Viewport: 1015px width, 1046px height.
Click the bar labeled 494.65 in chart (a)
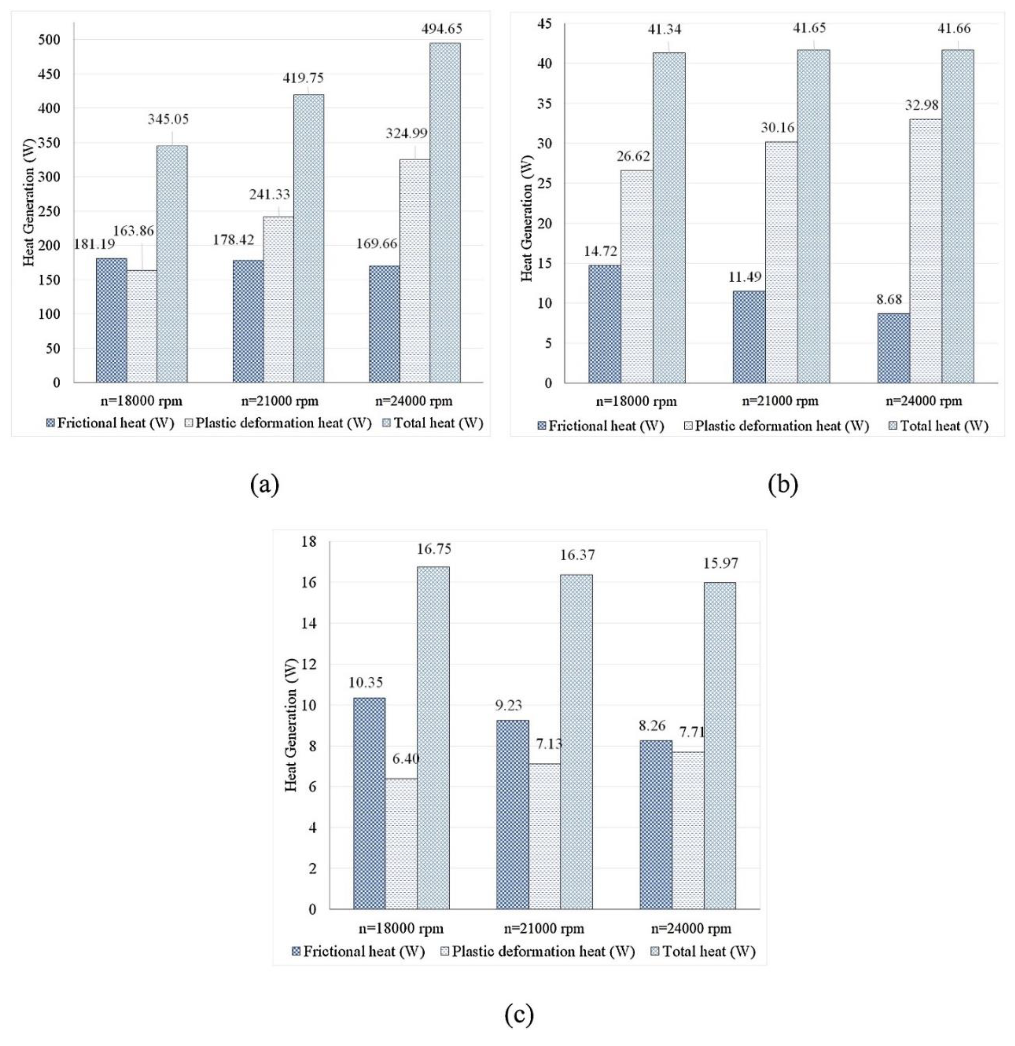(445, 213)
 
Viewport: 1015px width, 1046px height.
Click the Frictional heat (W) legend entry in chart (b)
(601, 426)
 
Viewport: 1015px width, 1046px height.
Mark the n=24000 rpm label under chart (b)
(924, 401)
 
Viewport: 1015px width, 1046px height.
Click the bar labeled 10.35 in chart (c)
(369, 803)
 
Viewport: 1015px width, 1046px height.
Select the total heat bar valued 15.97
(719, 745)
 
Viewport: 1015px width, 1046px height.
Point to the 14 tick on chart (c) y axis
(309, 623)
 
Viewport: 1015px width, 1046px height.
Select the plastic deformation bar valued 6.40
(401, 843)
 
